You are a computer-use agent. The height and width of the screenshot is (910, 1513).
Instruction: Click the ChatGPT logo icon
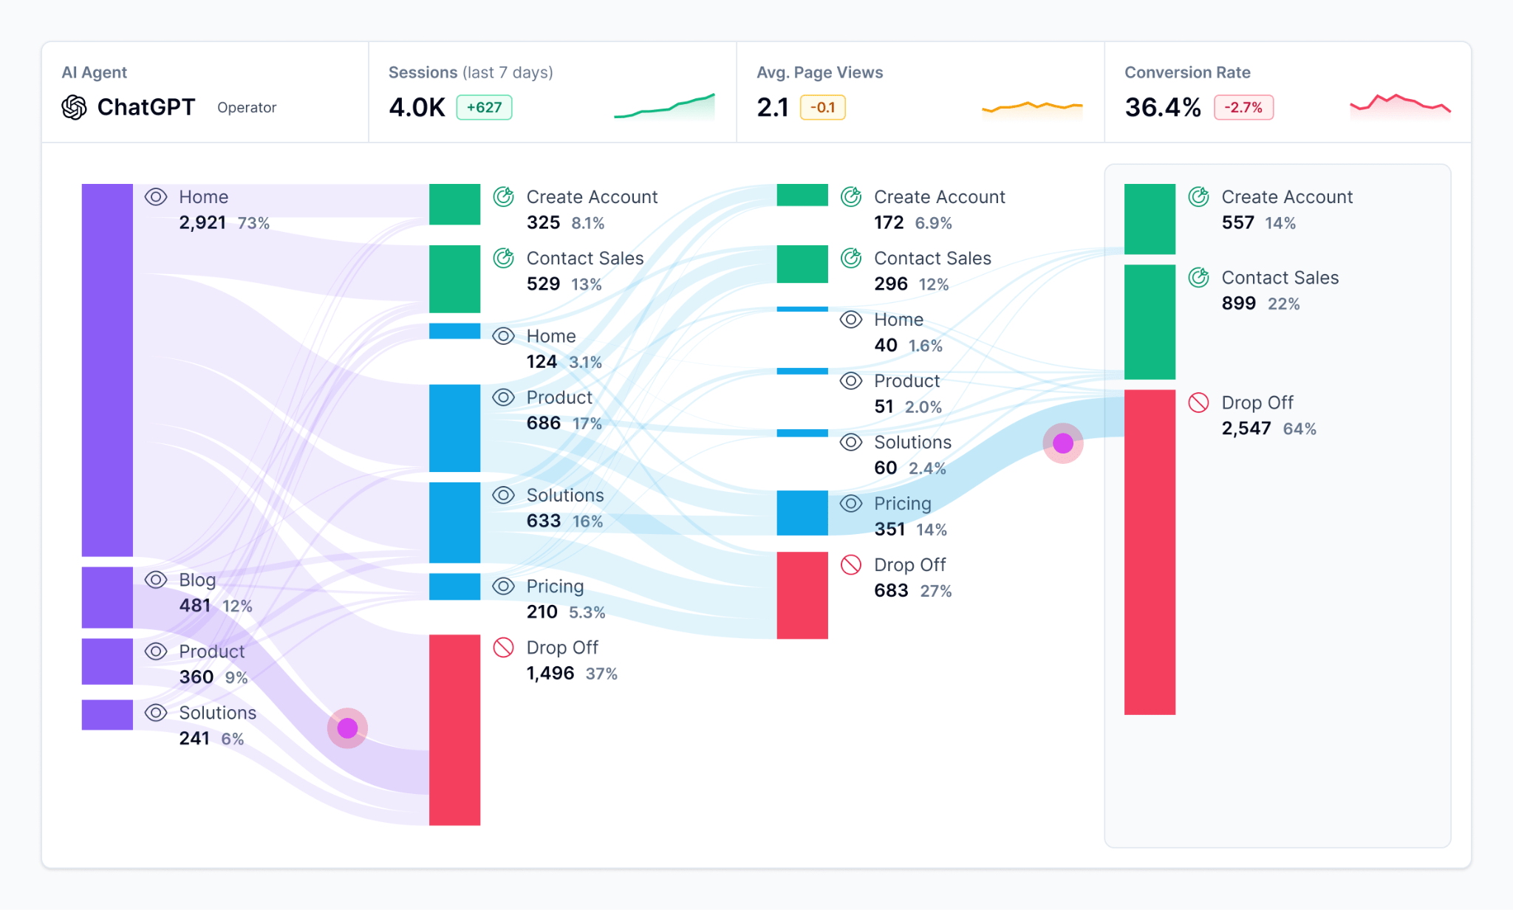74,107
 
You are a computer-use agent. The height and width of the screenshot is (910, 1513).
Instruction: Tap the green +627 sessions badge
484,107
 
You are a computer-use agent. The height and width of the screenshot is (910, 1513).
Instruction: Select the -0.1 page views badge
822,107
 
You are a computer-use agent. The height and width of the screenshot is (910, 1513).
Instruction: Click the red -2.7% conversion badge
1243,107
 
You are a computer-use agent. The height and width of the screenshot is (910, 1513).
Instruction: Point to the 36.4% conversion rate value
1162,107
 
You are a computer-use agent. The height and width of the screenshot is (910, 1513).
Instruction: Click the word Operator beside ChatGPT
247,108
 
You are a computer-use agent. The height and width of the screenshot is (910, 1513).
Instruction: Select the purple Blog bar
107,597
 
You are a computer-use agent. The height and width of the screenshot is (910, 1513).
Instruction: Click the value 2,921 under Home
202,222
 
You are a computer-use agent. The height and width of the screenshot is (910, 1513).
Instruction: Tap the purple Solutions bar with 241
107,714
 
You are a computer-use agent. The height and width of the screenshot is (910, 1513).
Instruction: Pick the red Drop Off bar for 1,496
454,729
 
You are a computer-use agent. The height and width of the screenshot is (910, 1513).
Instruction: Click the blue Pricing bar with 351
802,513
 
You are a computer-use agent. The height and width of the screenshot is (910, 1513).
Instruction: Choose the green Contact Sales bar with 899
1150,321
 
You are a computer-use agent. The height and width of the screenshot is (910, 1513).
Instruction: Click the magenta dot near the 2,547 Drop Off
1063,443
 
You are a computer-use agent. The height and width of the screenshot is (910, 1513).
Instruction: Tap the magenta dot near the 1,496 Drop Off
347,728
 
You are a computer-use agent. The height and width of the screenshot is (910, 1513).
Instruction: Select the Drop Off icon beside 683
851,565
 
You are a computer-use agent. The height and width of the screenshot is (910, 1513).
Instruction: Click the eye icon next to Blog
156,580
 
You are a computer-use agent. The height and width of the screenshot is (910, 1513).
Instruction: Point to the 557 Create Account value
1238,222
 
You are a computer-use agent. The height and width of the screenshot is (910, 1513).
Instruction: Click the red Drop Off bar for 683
802,595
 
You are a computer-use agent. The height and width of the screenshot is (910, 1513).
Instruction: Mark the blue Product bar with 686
454,428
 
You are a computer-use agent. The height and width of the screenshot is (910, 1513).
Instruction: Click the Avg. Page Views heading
819,72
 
